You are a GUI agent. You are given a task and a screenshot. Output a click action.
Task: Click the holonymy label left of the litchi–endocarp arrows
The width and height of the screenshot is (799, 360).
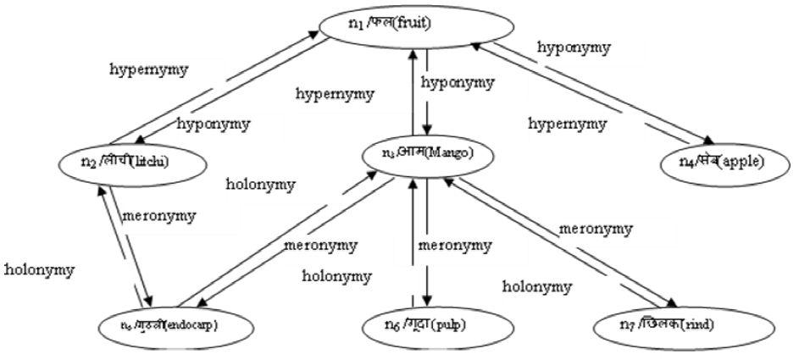pyautogui.click(x=39, y=270)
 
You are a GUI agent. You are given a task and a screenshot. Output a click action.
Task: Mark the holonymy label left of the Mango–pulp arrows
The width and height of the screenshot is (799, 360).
pyautogui.click(x=337, y=276)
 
